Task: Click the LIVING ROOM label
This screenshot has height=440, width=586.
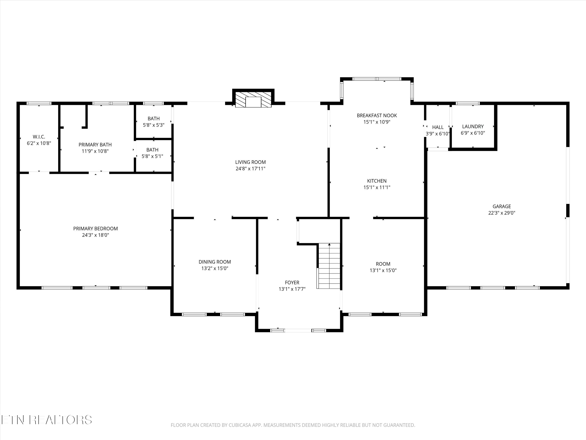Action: (250, 162)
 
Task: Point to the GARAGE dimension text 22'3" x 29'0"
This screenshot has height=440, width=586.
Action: (501, 213)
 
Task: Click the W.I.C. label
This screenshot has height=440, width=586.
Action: (39, 137)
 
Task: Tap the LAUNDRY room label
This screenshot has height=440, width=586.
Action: (473, 127)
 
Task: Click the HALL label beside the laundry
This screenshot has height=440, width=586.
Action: (438, 127)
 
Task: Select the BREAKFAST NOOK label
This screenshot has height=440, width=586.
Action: (377, 115)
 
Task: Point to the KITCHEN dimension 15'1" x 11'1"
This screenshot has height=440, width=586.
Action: (377, 188)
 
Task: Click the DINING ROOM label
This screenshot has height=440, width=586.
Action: (215, 262)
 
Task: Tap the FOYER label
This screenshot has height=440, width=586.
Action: (292, 282)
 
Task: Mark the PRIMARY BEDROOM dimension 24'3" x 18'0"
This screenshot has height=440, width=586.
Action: (95, 235)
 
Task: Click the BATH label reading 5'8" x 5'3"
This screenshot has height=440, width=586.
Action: (154, 119)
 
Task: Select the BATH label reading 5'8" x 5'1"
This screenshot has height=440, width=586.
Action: (152, 150)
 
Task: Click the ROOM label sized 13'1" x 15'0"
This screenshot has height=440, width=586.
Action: (383, 264)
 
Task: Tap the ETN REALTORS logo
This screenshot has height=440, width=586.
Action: (46, 420)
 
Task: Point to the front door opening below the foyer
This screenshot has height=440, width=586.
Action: (298, 330)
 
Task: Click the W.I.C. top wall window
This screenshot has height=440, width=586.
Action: (39, 103)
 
